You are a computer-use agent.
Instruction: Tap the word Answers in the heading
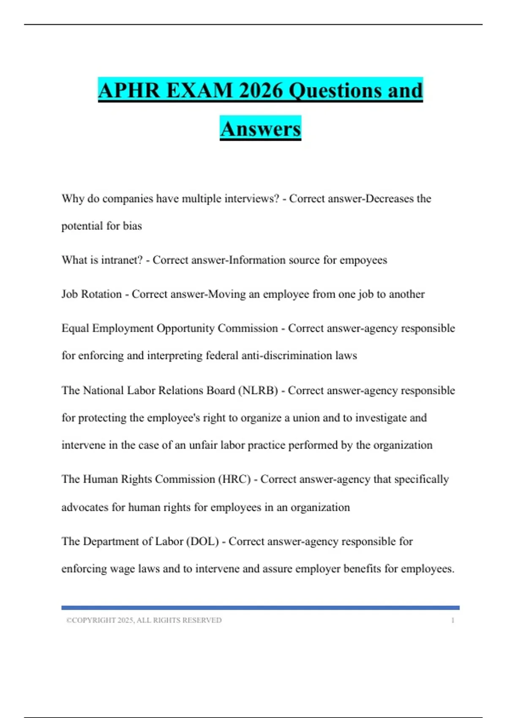260,129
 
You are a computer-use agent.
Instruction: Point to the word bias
132,226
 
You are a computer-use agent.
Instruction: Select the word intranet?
122,260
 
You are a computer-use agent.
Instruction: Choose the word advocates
85,507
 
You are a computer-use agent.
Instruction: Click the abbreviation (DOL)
202,541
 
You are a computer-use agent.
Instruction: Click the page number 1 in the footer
452,620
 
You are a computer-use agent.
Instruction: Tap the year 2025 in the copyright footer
125,620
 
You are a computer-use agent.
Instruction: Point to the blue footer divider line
260,608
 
